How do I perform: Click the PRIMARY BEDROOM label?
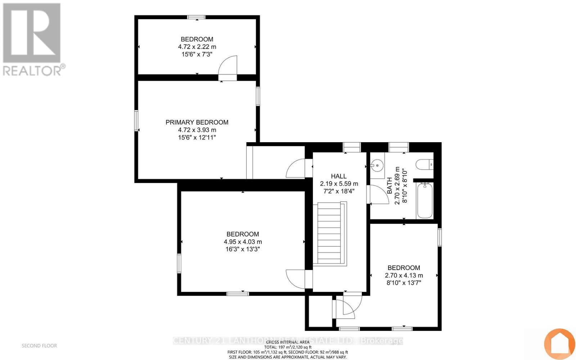tap(197, 122)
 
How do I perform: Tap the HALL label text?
tap(338, 176)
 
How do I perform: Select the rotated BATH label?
tap(390, 185)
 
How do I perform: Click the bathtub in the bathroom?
tap(425, 200)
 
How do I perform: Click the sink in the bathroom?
tap(377, 166)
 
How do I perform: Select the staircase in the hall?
tap(329, 234)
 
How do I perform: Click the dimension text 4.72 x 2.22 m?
tap(197, 47)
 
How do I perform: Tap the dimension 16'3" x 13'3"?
tap(243, 249)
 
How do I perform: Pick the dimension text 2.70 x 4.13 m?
tap(404, 275)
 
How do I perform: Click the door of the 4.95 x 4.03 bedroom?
tap(296, 279)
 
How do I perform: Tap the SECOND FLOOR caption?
tap(39, 346)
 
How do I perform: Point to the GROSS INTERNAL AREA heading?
tap(288, 342)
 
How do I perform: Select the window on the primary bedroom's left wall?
tap(136, 121)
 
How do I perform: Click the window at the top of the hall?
tap(351, 147)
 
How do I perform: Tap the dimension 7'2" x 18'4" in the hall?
tap(338, 191)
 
